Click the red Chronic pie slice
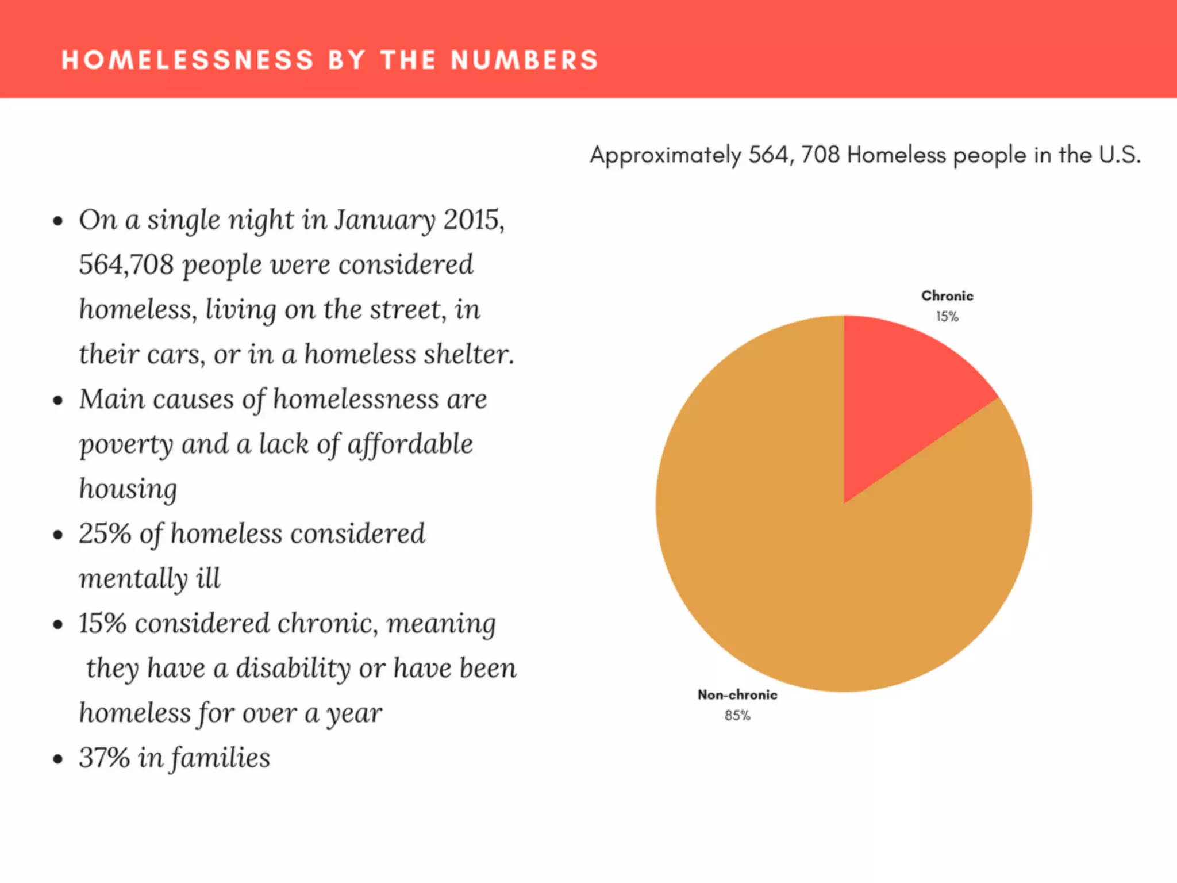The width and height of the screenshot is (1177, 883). click(902, 397)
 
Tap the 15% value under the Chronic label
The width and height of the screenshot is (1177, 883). click(947, 317)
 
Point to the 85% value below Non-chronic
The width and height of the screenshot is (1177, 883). click(737, 716)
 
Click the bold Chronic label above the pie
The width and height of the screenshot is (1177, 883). click(947, 296)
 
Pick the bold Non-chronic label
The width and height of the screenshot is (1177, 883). click(737, 695)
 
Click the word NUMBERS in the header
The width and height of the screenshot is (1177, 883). click(524, 60)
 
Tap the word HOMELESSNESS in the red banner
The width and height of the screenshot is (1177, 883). click(188, 60)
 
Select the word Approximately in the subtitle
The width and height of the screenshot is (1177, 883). click(666, 156)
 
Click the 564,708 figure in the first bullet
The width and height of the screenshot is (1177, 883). click(126, 265)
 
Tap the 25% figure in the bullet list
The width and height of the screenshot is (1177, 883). click(105, 533)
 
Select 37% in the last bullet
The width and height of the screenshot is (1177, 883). click(104, 758)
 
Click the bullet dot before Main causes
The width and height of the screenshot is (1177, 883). click(57, 401)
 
